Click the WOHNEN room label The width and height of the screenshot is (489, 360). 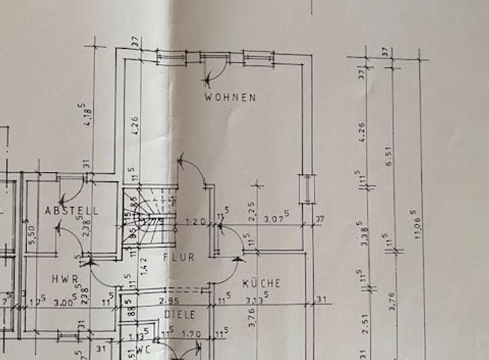(x=231, y=98)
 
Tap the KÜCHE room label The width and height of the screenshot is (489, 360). (x=261, y=284)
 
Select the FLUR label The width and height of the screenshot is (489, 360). (x=179, y=257)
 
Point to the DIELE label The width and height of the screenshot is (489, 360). (x=179, y=315)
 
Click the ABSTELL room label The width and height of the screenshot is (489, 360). (x=71, y=211)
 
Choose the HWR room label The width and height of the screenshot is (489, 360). (x=65, y=279)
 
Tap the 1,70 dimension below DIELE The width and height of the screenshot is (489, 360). (x=192, y=333)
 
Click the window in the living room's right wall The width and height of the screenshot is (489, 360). (x=307, y=189)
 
